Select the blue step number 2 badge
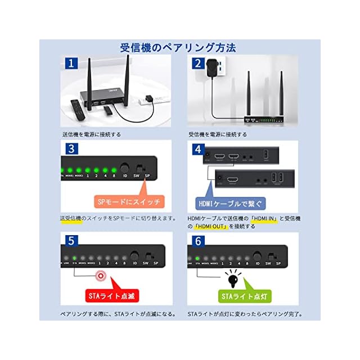pos(197,64)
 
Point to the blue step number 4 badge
pos(197,149)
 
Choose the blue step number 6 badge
pos(197,240)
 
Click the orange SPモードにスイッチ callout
pos(128,201)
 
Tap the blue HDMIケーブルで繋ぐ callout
pos(230,202)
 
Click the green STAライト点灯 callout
pos(244,295)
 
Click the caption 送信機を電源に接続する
pos(91,134)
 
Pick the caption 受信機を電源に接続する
pos(217,134)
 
